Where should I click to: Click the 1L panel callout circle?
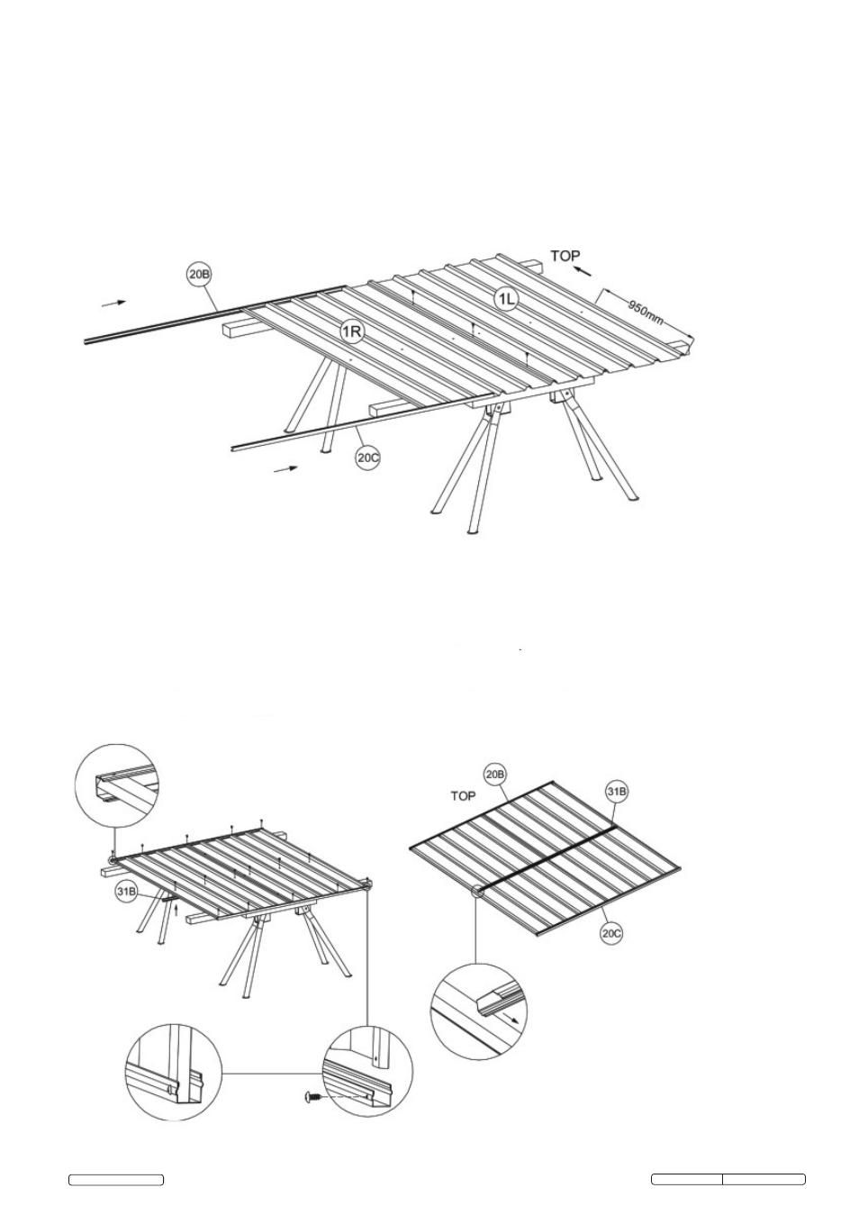(506, 299)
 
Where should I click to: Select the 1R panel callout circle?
(352, 331)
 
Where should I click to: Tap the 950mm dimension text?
(645, 312)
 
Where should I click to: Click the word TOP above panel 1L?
(565, 256)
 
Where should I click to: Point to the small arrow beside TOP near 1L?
(583, 271)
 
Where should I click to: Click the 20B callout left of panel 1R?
(199, 274)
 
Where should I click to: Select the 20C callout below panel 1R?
(367, 458)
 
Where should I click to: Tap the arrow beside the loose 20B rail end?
(113, 304)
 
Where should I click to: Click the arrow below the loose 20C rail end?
(285, 468)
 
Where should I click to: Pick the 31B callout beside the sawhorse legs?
(126, 892)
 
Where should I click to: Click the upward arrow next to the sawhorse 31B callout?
(176, 908)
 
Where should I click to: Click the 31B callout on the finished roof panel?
(616, 792)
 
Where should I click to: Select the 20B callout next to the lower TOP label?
(494, 775)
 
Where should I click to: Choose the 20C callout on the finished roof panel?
(611, 933)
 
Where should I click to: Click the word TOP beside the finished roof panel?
(463, 796)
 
